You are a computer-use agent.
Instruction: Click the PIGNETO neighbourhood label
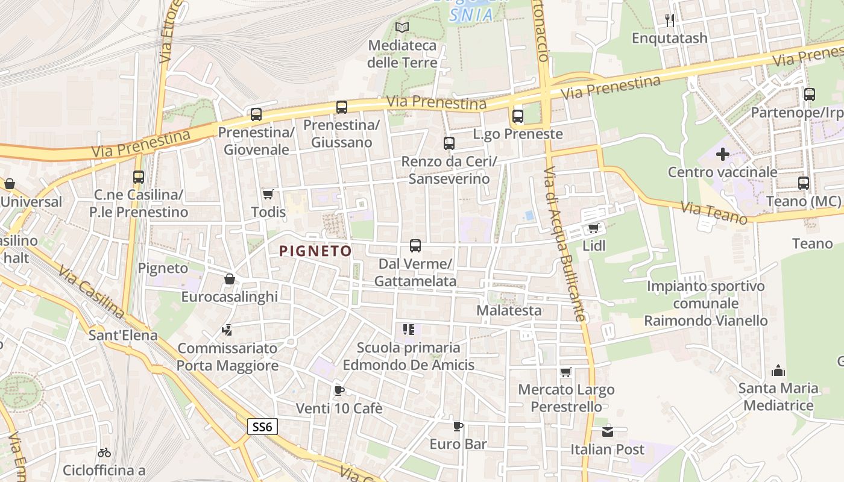(315, 251)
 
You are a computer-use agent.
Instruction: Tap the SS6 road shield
(262, 427)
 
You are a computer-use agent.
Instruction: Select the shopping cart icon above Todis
(268, 194)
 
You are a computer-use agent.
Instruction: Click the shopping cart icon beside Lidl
(593, 228)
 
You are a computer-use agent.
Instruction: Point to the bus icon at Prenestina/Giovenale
(256, 114)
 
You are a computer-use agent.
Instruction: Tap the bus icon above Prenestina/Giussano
(342, 107)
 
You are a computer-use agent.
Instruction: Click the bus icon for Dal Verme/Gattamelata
(415, 246)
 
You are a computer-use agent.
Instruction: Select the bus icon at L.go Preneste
(518, 116)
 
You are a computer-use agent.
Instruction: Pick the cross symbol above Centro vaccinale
(723, 154)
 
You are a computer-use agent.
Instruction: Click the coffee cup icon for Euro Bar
(458, 427)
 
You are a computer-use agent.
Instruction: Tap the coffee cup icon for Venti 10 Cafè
(339, 390)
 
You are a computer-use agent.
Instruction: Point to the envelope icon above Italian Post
(608, 431)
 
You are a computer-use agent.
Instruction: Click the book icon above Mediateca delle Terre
(402, 27)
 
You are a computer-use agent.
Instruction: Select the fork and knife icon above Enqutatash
(670, 20)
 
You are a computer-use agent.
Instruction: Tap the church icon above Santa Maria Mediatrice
(778, 371)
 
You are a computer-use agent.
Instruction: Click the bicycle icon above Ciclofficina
(104, 452)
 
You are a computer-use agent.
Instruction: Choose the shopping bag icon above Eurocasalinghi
(229, 279)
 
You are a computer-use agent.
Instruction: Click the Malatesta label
(509, 311)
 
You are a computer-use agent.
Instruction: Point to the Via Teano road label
(714, 214)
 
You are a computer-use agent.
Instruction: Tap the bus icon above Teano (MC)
(804, 183)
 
